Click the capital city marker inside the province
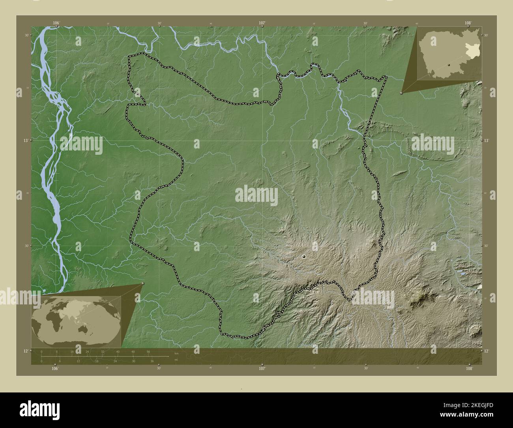click(x=304, y=257)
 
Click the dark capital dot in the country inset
click(x=449, y=65)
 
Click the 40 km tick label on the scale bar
click(x=118, y=351)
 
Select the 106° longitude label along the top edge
click(x=56, y=23)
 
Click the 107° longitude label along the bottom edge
click(x=262, y=368)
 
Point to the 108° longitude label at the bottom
click(x=469, y=368)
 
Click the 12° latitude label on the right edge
click(x=486, y=351)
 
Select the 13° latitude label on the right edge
click(x=486, y=141)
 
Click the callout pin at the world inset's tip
click(x=143, y=283)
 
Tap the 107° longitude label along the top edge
click(x=262, y=23)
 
